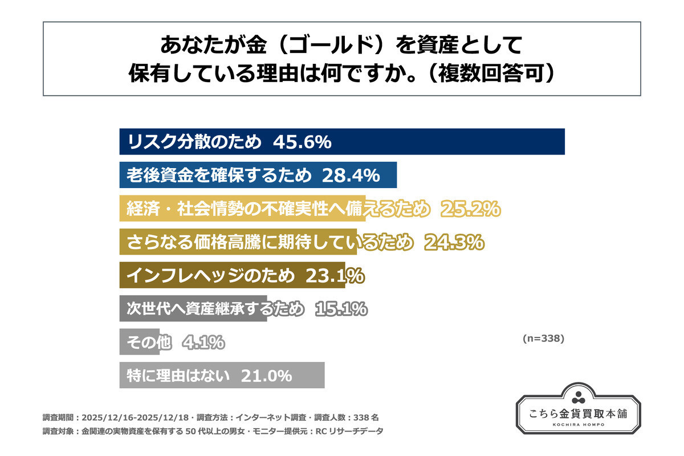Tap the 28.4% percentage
[x=351, y=176]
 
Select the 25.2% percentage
[x=470, y=210]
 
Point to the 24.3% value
[x=454, y=243]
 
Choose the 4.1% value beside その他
[x=203, y=343]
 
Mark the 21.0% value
[x=267, y=376]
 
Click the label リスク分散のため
[x=194, y=142]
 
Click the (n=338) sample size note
[x=543, y=338]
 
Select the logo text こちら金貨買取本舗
[x=579, y=413]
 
